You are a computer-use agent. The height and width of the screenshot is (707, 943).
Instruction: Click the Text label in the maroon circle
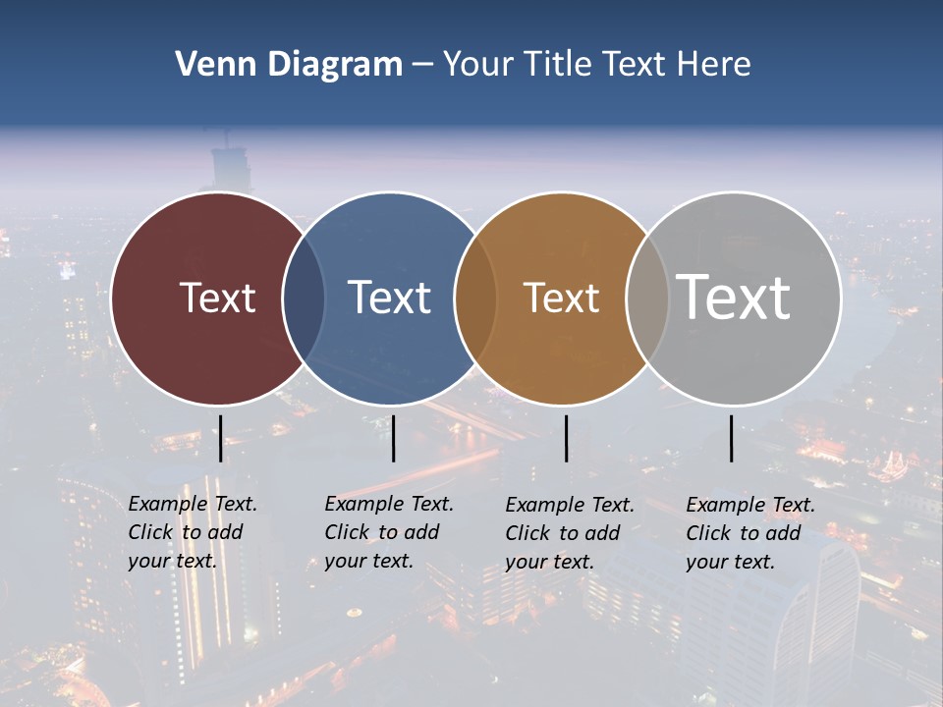pyautogui.click(x=217, y=298)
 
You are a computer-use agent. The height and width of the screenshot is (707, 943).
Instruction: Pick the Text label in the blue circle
pyautogui.click(x=389, y=298)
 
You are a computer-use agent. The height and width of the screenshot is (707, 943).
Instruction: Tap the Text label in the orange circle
pyautogui.click(x=561, y=298)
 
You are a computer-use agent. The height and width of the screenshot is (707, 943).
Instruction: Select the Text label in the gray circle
pyautogui.click(x=734, y=298)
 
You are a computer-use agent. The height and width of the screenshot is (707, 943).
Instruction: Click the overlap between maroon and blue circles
pyautogui.click(x=304, y=298)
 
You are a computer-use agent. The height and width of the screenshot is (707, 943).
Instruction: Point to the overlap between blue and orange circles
pyautogui.click(x=475, y=298)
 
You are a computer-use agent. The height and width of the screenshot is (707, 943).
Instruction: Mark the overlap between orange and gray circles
pyautogui.click(x=647, y=298)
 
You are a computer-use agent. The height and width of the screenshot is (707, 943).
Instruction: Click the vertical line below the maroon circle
pyautogui.click(x=220, y=438)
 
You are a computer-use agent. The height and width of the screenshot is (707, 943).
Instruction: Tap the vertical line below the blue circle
pyautogui.click(x=393, y=438)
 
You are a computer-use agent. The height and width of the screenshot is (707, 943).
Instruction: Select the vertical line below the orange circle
pyautogui.click(x=566, y=438)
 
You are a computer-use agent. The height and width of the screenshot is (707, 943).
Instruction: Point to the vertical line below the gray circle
pyautogui.click(x=731, y=438)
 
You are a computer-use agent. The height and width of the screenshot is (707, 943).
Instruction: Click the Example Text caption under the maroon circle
pyautogui.click(x=192, y=532)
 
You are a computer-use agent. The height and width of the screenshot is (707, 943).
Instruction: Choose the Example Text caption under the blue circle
pyautogui.click(x=388, y=532)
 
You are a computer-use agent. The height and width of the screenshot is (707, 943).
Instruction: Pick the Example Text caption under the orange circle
pyautogui.click(x=569, y=533)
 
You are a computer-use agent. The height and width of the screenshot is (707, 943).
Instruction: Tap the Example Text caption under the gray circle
pyautogui.click(x=749, y=533)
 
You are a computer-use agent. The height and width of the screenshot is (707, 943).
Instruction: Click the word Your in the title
pyautogui.click(x=478, y=65)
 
